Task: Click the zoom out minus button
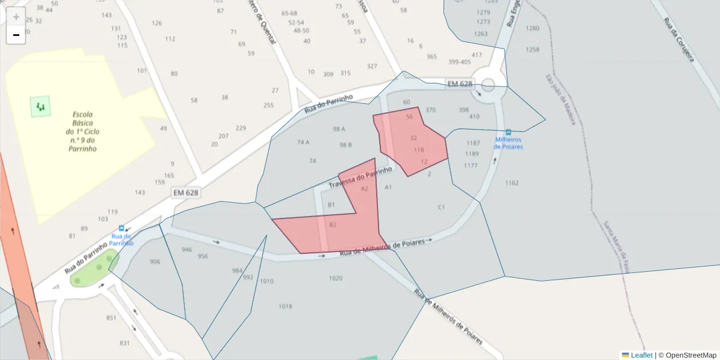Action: (16, 35)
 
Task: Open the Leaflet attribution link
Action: (641, 355)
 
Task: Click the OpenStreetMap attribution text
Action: (691, 355)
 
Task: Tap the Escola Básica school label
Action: (82, 131)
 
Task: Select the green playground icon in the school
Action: (40, 107)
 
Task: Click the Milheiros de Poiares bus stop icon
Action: (509, 132)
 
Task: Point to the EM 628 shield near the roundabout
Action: (460, 83)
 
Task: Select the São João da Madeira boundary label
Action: (560, 99)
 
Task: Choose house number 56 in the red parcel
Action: (409, 116)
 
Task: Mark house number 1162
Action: (512, 182)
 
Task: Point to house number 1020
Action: (335, 278)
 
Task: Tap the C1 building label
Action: (441, 207)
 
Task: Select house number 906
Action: (155, 262)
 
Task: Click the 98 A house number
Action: (339, 129)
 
